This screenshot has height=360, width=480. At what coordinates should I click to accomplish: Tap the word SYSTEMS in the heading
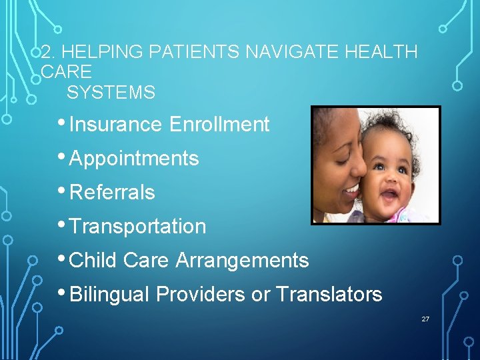(111, 93)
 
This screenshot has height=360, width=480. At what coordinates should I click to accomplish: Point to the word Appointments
(134, 159)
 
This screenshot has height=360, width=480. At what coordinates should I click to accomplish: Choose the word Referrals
(112, 193)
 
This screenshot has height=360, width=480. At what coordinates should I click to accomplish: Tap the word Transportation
(137, 227)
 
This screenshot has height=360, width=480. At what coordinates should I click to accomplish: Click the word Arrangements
(242, 260)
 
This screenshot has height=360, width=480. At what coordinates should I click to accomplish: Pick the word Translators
(329, 294)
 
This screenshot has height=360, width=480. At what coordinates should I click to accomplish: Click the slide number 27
(425, 320)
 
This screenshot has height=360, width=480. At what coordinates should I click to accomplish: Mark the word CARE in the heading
(66, 72)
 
